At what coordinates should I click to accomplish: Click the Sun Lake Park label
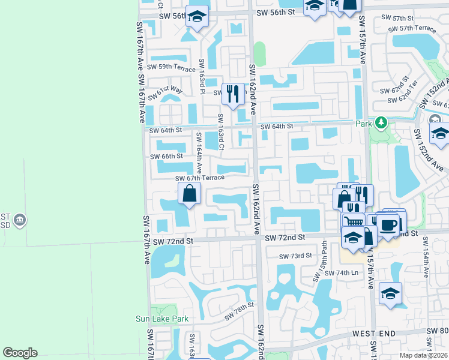click(162, 319)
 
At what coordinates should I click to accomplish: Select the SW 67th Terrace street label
click(199, 178)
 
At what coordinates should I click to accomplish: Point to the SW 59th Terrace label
click(171, 67)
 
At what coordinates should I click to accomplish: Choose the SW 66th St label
click(166, 156)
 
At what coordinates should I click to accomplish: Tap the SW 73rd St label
click(295, 256)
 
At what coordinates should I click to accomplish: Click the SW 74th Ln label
click(342, 272)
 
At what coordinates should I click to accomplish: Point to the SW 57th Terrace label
click(412, 29)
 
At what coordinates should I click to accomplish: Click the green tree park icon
click(380, 123)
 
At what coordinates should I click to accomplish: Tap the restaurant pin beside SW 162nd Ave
click(233, 93)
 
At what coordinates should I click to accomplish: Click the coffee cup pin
click(388, 225)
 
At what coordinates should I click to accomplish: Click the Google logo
click(20, 353)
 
